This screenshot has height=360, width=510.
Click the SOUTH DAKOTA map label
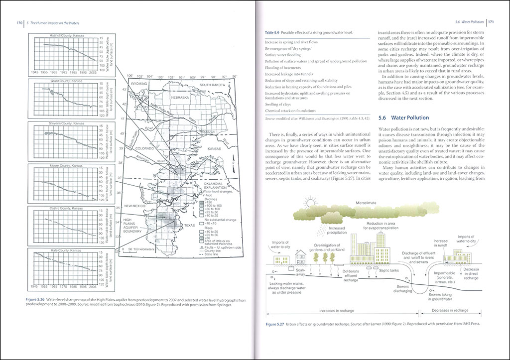pos(213,85)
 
